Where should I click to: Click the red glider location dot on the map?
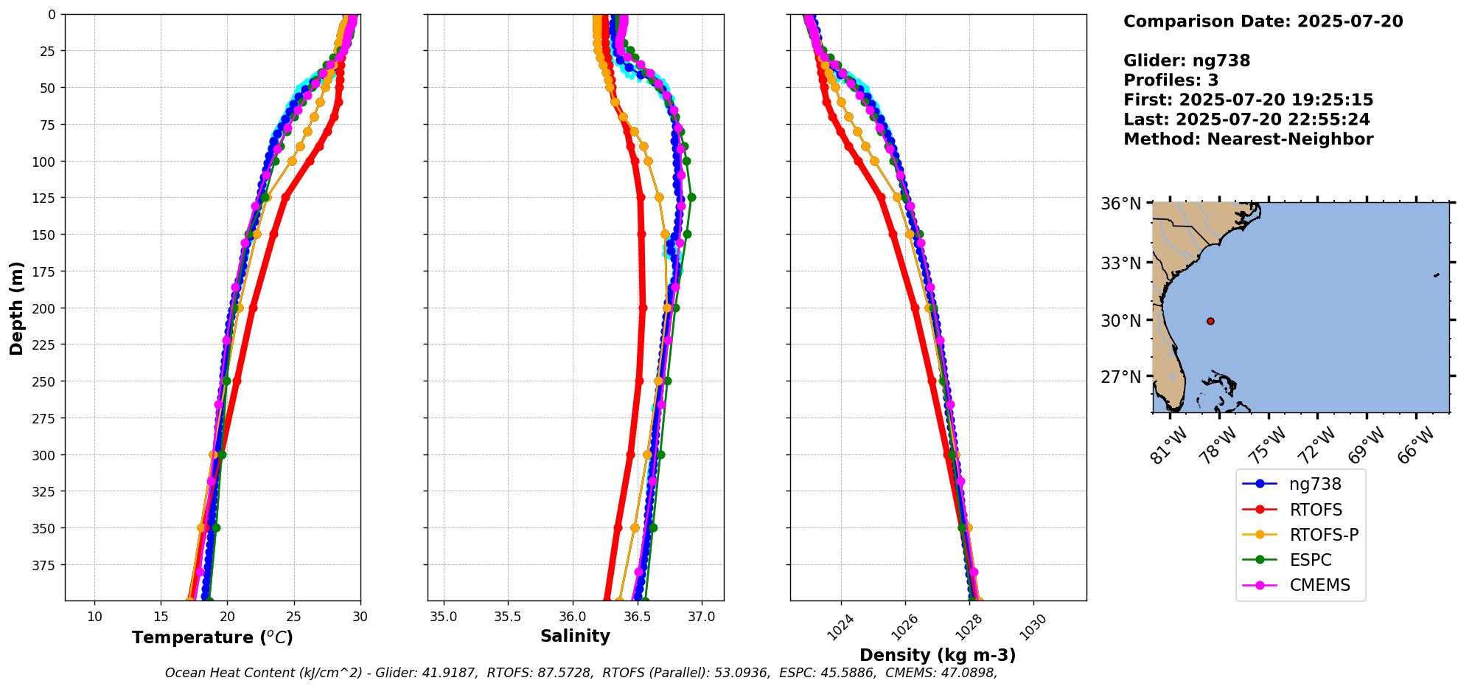coord(1210,321)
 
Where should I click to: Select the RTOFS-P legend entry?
coord(1323,535)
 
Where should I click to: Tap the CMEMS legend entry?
coord(1319,585)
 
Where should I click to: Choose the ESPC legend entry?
coord(1311,560)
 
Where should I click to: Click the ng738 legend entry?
coord(1315,484)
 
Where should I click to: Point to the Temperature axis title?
coord(212,637)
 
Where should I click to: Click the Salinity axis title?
coord(575,636)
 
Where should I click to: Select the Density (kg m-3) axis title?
coord(938,655)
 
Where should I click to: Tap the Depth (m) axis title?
coord(16,308)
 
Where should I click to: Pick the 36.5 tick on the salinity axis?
coord(637,617)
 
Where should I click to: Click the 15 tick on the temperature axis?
coord(161,617)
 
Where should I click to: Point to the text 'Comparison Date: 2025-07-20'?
coord(1263,21)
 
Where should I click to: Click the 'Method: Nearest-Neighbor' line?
coord(1248,139)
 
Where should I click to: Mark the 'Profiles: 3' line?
coord(1171,80)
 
